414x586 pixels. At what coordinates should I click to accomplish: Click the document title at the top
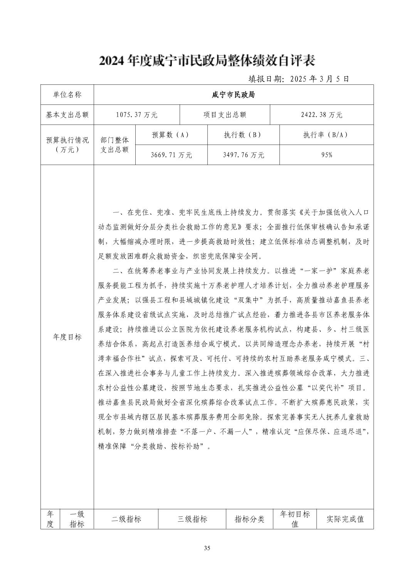point(207,61)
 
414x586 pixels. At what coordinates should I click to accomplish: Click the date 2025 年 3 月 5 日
point(298,79)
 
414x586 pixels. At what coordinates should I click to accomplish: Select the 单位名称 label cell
point(67,95)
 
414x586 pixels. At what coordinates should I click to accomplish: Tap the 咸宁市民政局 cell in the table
point(233,95)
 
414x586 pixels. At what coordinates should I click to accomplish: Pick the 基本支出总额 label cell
point(67,115)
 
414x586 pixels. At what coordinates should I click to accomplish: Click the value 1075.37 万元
point(136,115)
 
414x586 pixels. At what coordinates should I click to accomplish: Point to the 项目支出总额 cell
point(225,115)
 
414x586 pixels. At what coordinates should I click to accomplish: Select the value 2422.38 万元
point(321,115)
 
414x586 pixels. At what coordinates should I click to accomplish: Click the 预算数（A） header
point(171,135)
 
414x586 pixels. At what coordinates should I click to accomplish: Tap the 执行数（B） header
point(243,135)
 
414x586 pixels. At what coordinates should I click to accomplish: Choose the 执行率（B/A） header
point(326,135)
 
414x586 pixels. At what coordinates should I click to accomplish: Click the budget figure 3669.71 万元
point(171,155)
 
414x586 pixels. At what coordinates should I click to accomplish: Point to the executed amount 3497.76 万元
point(243,155)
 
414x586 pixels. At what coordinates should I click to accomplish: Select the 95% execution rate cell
point(326,155)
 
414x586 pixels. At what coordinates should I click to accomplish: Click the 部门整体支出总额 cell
point(114,145)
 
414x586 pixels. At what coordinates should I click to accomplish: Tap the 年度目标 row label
point(67,337)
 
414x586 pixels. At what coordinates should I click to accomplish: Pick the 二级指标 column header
point(126,519)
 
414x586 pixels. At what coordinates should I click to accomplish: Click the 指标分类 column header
point(249,519)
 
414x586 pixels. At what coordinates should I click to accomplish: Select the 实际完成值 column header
point(345,519)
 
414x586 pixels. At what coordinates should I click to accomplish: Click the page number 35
point(207,548)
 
